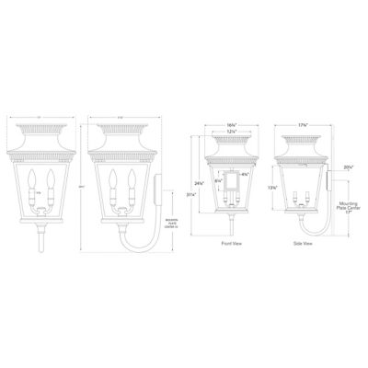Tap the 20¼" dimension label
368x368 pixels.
coord(347,168)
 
